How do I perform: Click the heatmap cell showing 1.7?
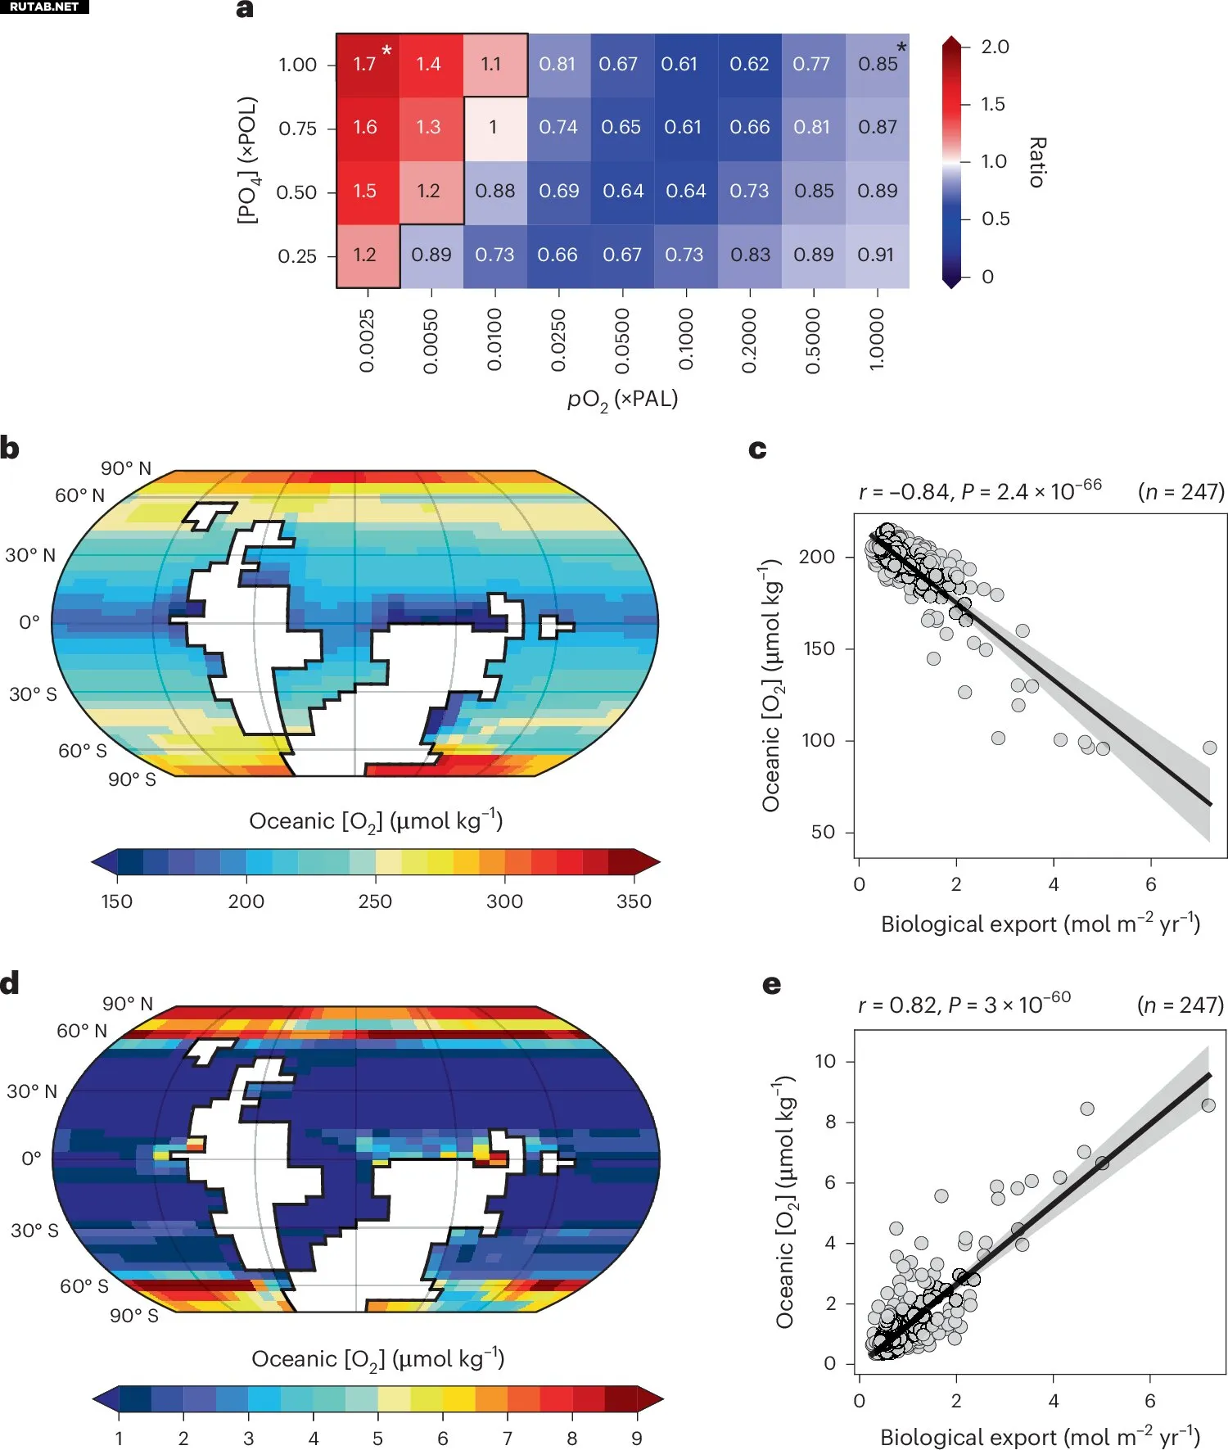366,64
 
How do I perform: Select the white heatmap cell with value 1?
494,128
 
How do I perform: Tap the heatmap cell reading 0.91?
876,255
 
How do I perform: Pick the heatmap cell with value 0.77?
811,64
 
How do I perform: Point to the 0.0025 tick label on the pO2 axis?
367,341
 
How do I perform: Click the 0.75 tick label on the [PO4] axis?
297,129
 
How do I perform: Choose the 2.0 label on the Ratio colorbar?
995,47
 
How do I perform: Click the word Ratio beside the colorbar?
1037,162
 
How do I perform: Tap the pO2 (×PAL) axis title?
622,400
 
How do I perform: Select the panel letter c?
757,449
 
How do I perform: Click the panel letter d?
10,982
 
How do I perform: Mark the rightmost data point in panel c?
1209,748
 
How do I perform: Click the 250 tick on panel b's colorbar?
375,901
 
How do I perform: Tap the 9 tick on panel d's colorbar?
637,1439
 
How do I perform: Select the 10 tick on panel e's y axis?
825,1061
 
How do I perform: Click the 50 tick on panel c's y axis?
822,832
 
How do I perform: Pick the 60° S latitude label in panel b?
82,751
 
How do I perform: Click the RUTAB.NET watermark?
44,7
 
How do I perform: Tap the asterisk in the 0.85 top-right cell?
901,47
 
